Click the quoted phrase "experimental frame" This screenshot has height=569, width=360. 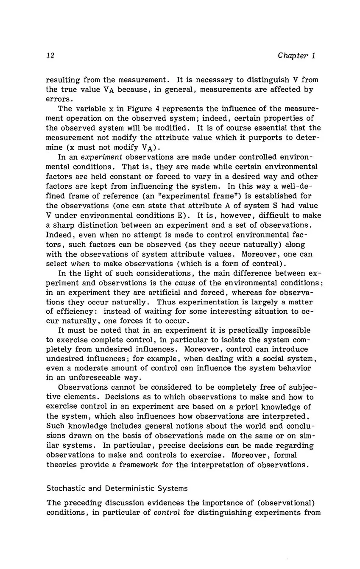176,196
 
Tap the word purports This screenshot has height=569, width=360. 253,138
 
